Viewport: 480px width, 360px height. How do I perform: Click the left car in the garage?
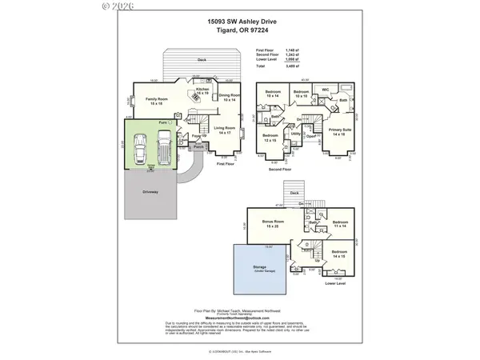[x=141, y=149]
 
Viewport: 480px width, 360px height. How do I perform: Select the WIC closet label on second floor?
[x=325, y=90]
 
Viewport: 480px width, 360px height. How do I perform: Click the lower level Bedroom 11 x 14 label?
[x=340, y=224]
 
